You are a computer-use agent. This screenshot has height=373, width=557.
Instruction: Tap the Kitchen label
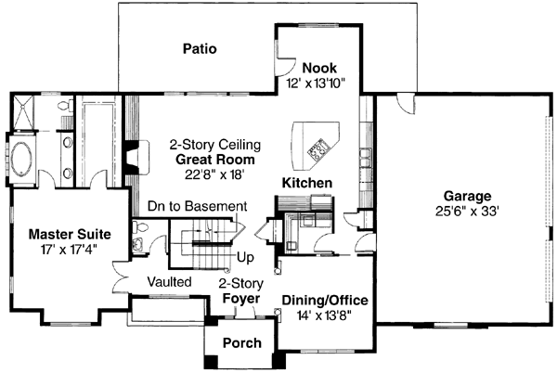click(x=306, y=184)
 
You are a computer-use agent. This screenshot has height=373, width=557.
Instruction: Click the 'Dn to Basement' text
click(x=197, y=206)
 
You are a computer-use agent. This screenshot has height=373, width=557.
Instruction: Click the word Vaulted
click(x=168, y=280)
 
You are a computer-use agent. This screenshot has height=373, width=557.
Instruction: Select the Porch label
click(x=240, y=343)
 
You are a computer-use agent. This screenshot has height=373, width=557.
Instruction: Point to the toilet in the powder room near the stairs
click(x=137, y=246)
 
